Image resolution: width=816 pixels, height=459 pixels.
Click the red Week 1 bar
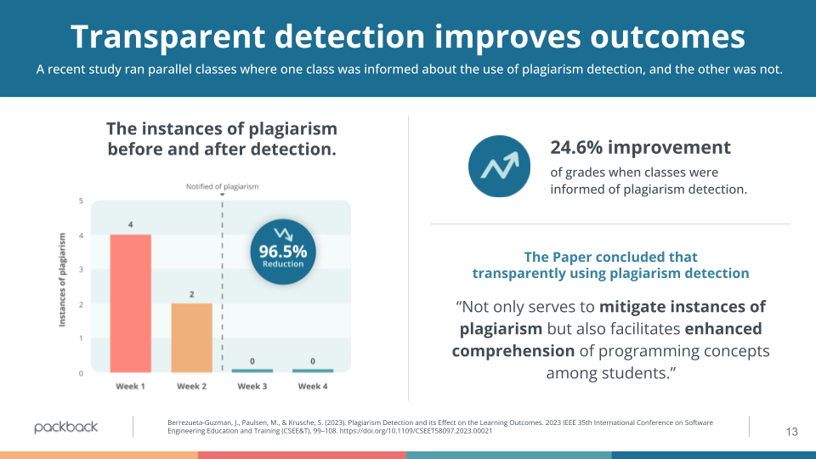tap(130, 303)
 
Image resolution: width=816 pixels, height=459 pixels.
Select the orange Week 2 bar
tap(191, 337)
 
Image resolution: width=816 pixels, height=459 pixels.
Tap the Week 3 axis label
tap(252, 386)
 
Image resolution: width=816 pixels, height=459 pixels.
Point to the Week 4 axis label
tap(312, 386)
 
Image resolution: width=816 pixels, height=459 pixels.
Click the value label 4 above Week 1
tap(130, 224)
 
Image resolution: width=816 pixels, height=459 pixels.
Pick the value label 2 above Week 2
tap(191, 294)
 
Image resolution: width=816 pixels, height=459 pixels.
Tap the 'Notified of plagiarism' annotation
tap(223, 186)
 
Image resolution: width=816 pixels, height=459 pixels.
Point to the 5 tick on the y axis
tap(80, 201)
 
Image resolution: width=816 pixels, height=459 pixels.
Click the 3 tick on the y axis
tap(80, 269)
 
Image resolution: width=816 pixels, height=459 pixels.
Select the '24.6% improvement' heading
tap(640, 147)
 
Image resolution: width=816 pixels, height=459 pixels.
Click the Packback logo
tap(66, 427)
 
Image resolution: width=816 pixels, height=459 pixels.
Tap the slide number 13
tap(791, 432)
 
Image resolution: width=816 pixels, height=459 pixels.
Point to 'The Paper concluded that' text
tap(610, 257)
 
